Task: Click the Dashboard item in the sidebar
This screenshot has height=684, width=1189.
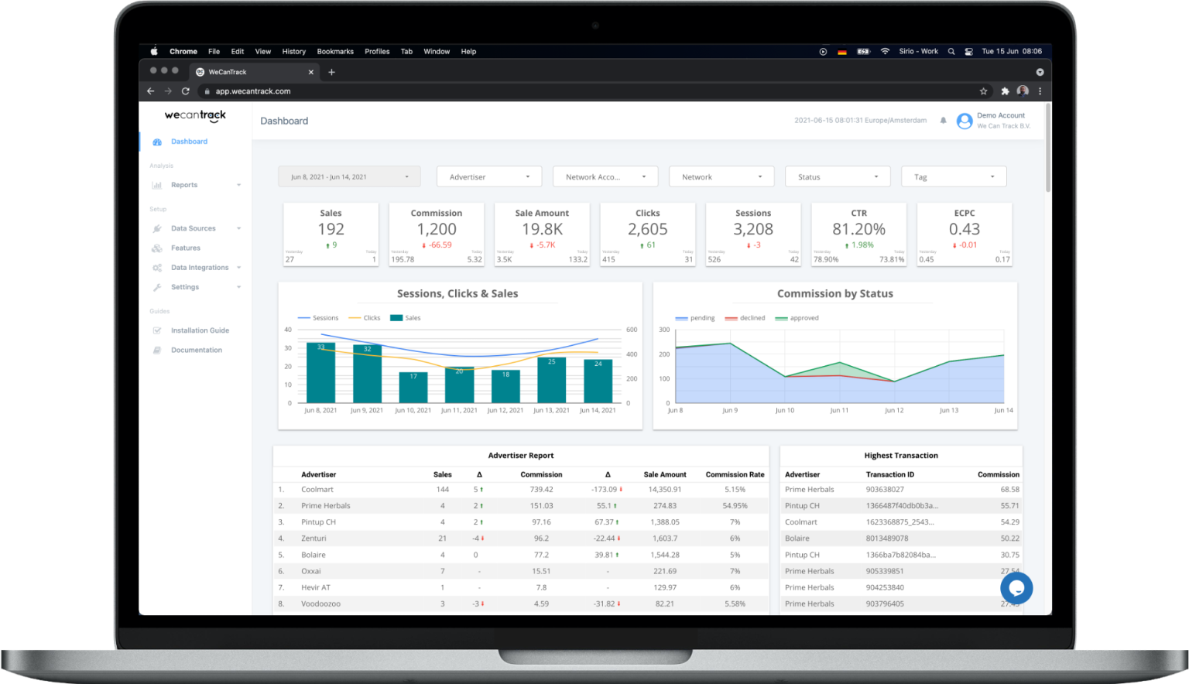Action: tap(189, 142)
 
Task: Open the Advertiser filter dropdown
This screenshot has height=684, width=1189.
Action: tap(489, 177)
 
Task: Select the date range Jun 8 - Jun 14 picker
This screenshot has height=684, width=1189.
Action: tap(349, 177)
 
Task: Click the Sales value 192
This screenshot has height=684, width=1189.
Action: tap(331, 229)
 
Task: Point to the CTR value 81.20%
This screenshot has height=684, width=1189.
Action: tap(858, 229)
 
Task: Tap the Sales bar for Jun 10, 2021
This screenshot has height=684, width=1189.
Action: tap(413, 387)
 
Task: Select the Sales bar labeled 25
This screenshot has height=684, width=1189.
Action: tap(551, 379)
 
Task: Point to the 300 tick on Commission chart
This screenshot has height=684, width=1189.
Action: tap(664, 330)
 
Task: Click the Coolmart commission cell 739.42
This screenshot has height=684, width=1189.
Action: tap(541, 490)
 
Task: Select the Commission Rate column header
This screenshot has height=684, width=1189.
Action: tap(735, 474)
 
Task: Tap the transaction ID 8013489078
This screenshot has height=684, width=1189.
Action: tap(887, 539)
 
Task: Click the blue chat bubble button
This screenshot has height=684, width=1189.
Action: tap(1016, 588)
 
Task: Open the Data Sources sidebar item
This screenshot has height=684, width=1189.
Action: tap(194, 228)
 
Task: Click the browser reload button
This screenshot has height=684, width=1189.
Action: tap(186, 91)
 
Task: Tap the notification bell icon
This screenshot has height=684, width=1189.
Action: tap(943, 121)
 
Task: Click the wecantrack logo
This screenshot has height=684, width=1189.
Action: tap(195, 116)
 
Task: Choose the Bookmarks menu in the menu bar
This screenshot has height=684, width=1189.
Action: tap(335, 52)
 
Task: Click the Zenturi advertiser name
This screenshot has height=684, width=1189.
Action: tap(314, 539)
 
